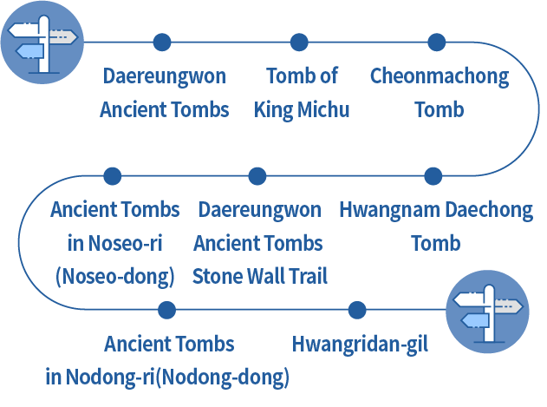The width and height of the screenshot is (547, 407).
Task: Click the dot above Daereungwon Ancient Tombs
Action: click(x=162, y=42)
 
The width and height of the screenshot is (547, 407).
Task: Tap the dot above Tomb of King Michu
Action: click(x=299, y=42)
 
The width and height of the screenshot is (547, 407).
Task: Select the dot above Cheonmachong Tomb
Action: click(x=437, y=42)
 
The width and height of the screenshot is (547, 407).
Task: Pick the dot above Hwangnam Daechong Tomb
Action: click(x=433, y=176)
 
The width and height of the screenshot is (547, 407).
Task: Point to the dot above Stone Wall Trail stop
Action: click(x=257, y=176)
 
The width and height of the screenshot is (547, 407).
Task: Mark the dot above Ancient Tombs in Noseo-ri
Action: click(x=113, y=176)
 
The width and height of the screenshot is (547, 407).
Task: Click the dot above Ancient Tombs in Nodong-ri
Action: click(x=167, y=310)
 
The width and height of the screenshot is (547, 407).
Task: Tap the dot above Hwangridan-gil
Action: click(x=356, y=310)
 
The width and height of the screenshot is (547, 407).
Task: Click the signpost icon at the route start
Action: click(x=41, y=42)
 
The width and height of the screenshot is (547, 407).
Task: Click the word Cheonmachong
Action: click(x=439, y=76)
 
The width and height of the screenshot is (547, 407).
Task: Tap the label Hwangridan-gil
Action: click(x=360, y=345)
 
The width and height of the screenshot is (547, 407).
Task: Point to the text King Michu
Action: click(x=302, y=110)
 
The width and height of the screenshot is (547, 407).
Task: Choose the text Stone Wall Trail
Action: click(x=260, y=277)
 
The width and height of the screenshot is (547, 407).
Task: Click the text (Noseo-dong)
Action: click(x=114, y=277)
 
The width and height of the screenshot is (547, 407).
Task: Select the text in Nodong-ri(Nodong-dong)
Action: click(x=167, y=378)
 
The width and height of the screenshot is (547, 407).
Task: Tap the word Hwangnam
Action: click(x=388, y=210)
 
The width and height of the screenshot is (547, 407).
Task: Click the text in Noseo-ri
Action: click(x=114, y=243)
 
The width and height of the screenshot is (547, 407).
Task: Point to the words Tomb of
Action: click(x=302, y=76)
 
